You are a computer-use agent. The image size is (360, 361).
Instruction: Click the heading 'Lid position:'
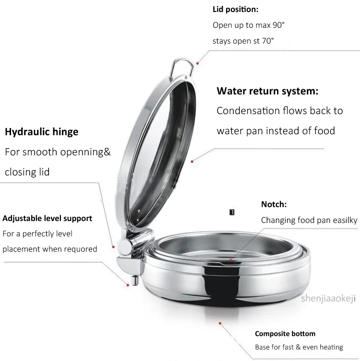235,10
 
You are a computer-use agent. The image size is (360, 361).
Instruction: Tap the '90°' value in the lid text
279,25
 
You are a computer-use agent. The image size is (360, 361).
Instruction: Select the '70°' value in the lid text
268,41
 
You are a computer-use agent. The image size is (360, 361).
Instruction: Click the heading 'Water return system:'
267,91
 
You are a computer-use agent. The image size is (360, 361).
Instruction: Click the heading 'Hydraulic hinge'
41,132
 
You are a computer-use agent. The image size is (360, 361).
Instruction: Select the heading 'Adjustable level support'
47,219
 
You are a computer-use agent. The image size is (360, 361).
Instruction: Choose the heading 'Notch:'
274,204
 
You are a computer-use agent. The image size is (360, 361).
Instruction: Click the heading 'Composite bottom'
285,334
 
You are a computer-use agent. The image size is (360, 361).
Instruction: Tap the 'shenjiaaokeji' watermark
328,298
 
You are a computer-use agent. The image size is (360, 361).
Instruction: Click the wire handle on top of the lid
181,68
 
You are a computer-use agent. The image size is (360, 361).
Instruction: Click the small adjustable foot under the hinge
134,280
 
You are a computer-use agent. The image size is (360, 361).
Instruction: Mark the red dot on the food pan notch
230,260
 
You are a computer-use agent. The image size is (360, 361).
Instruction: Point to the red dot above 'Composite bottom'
220,324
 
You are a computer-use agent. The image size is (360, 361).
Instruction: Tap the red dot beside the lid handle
197,63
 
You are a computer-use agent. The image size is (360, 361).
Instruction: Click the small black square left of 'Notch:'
232,212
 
